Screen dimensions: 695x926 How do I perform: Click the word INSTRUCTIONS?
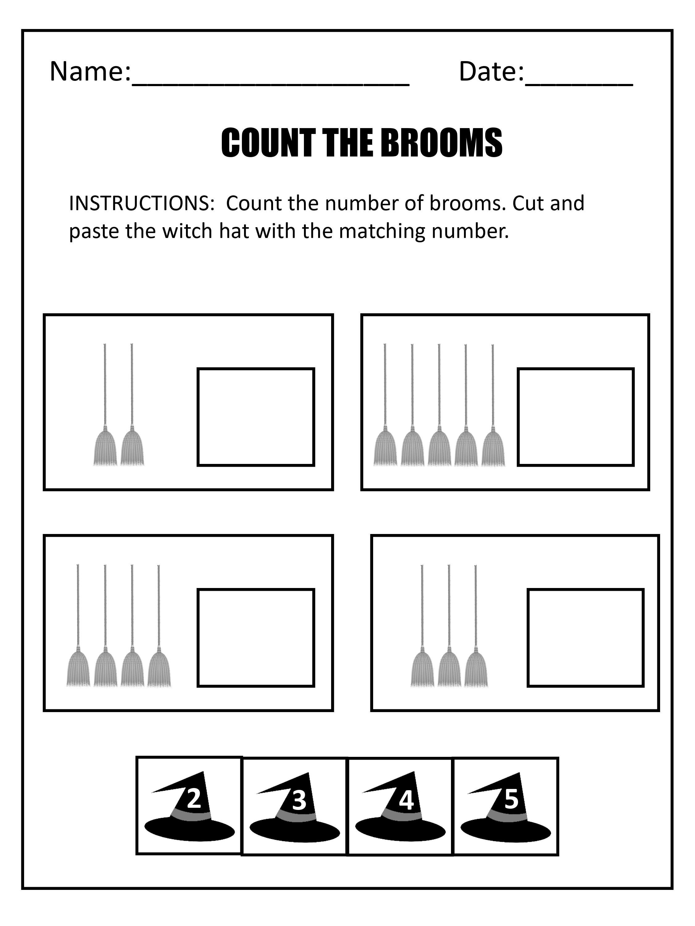tap(141, 203)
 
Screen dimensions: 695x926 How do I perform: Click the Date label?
tap(491, 71)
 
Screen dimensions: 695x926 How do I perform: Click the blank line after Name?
tap(271, 85)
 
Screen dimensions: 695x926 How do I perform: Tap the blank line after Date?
tap(579, 85)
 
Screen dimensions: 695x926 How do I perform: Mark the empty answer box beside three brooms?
tap(586, 638)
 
